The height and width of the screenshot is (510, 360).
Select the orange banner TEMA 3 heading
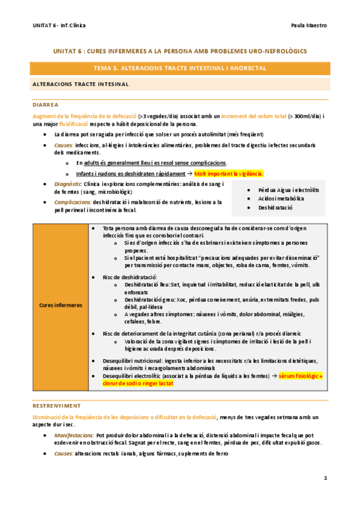[180, 69]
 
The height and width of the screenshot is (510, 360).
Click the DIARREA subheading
[46, 104]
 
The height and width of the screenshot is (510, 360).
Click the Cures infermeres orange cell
[61, 306]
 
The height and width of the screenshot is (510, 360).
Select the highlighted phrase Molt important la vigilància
[229, 173]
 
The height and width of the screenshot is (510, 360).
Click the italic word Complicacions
[72, 202]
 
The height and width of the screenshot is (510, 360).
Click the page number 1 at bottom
[325, 479]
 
